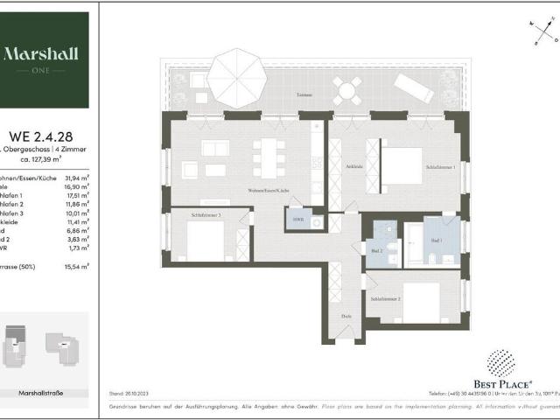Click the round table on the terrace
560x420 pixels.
click(346, 88)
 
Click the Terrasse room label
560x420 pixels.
click(304, 94)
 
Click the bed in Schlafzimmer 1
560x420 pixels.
click(401, 165)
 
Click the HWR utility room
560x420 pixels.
click(298, 219)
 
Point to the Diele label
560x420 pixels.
click(347, 316)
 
